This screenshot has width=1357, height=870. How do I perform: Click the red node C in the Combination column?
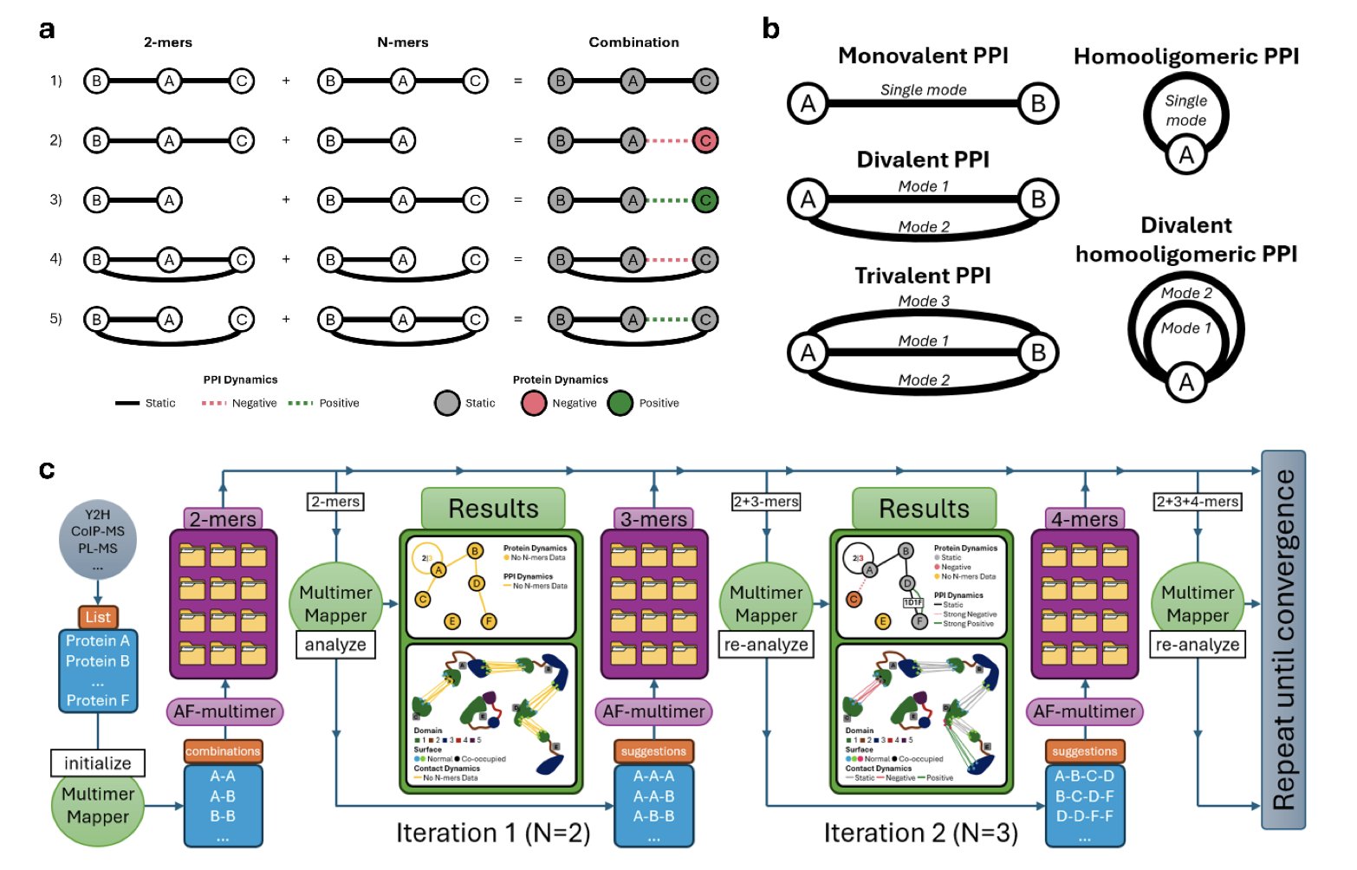pyautogui.click(x=705, y=140)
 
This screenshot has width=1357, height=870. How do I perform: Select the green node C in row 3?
pyautogui.click(x=705, y=200)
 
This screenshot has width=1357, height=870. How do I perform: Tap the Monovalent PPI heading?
pyautogui.click(x=923, y=56)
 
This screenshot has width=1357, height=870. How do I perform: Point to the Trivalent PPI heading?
pyautogui.click(x=923, y=276)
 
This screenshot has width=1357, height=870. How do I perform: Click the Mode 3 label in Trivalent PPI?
pyautogui.click(x=924, y=301)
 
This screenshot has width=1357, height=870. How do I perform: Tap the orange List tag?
pyautogui.click(x=98, y=617)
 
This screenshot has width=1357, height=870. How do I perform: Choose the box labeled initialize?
pyautogui.click(x=98, y=763)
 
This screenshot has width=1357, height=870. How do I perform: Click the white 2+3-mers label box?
pyautogui.click(x=766, y=501)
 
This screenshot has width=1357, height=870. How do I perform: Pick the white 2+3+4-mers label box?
pyautogui.click(x=1198, y=501)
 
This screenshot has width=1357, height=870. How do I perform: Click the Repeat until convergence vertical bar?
pyautogui.click(x=1282, y=640)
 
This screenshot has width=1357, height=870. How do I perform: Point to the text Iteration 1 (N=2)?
pyautogui.click(x=493, y=833)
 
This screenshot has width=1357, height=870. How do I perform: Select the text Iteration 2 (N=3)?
pyautogui.click(x=921, y=833)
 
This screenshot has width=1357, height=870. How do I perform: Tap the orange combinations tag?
pyautogui.click(x=223, y=751)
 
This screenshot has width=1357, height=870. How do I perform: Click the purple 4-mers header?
pyautogui.click(x=1084, y=519)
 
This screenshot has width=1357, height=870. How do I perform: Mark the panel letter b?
pyautogui.click(x=770, y=29)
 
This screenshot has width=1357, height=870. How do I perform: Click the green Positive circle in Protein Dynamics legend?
pyautogui.click(x=620, y=403)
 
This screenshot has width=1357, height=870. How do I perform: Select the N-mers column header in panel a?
pyautogui.click(x=402, y=42)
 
